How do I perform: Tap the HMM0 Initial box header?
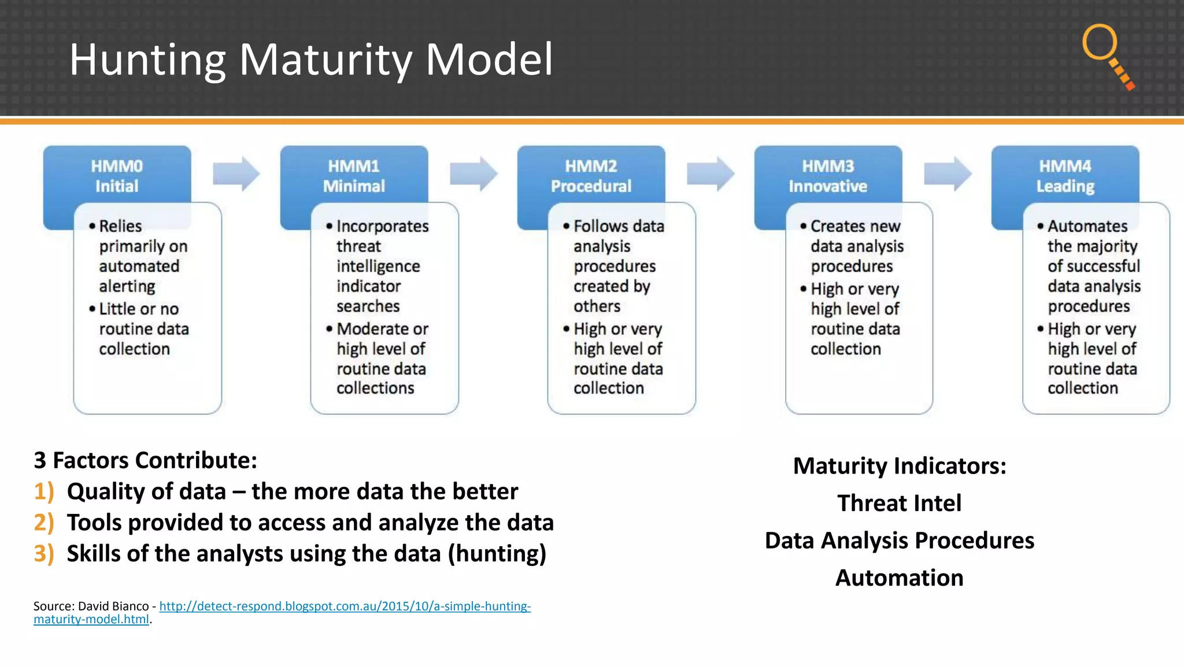tap(117, 176)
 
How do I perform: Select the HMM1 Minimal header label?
tap(354, 176)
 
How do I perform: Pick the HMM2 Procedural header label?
tap(591, 176)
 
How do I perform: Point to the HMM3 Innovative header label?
tap(828, 176)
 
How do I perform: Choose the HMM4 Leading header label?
tap(1065, 176)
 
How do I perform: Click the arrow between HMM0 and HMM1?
tap(236, 173)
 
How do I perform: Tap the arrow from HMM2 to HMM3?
tap(710, 173)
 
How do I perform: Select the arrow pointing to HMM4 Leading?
tap(947, 173)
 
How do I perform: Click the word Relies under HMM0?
tap(120, 226)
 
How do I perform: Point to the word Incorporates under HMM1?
tap(383, 226)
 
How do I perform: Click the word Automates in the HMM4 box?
tap(1087, 226)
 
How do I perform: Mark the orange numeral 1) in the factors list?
tap(44, 491)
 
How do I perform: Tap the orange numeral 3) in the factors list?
tap(44, 554)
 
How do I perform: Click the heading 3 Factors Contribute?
tap(145, 460)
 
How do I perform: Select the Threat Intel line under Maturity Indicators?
tap(899, 503)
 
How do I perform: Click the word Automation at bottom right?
tap(899, 578)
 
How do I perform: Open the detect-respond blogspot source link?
tap(345, 606)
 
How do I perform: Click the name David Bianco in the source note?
tap(113, 606)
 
